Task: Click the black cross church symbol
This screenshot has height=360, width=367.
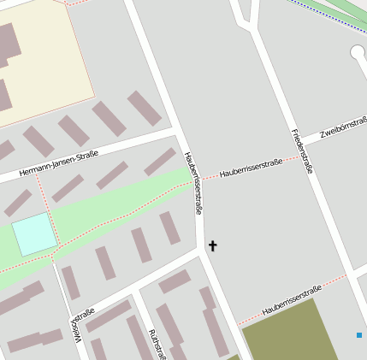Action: pyautogui.click(x=212, y=246)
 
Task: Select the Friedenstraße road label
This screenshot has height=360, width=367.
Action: pyautogui.click(x=302, y=151)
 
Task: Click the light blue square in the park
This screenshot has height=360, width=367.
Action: pyautogui.click(x=33, y=234)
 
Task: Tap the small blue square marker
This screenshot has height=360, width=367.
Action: pyautogui.click(x=359, y=335)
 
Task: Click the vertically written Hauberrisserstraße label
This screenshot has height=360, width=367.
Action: pyautogui.click(x=194, y=183)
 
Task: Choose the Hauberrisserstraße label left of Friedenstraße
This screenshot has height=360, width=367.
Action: pyautogui.click(x=251, y=168)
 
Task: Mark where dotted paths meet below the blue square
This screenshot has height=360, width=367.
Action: pyautogui.click(x=56, y=256)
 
